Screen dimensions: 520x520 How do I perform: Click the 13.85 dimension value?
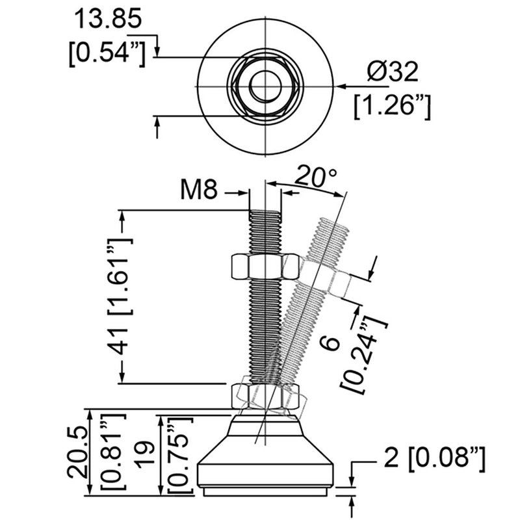pos(107,20)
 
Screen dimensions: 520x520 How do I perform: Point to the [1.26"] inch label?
pos(393,106)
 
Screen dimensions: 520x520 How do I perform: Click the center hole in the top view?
pos(265,86)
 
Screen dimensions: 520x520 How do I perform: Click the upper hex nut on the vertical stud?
pos(265,266)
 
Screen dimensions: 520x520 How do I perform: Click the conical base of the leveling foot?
pos(265,455)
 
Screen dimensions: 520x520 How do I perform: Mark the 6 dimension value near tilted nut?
pos(331,344)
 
